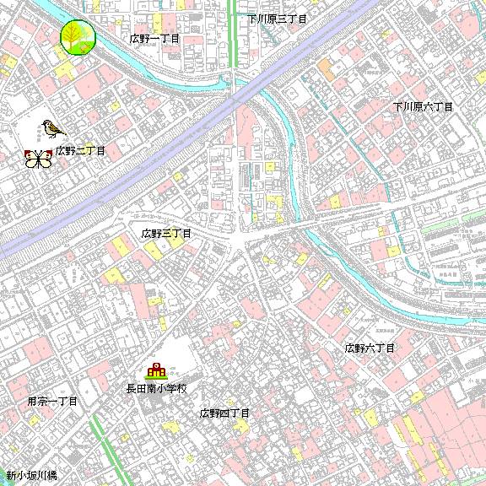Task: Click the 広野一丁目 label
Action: click(155, 39)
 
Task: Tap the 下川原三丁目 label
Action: click(277, 18)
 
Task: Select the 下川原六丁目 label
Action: click(424, 107)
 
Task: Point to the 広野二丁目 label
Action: click(81, 151)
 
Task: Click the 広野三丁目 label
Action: click(166, 232)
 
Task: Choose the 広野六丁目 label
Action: click(370, 348)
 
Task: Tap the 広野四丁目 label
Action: click(224, 413)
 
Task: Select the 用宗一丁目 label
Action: click(52, 402)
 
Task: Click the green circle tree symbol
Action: click(78, 37)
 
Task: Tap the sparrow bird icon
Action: click(52, 128)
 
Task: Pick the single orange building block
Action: click(325, 66)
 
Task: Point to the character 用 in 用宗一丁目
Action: click(32, 402)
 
